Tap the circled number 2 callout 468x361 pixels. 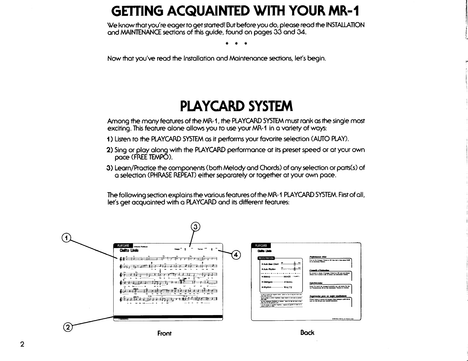point(68,327)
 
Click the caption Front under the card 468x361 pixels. point(164,333)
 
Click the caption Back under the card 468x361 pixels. point(307,333)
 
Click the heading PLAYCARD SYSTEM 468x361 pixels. point(236,106)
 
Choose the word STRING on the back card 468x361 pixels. point(288,282)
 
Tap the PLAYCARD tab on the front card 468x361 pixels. point(123,245)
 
